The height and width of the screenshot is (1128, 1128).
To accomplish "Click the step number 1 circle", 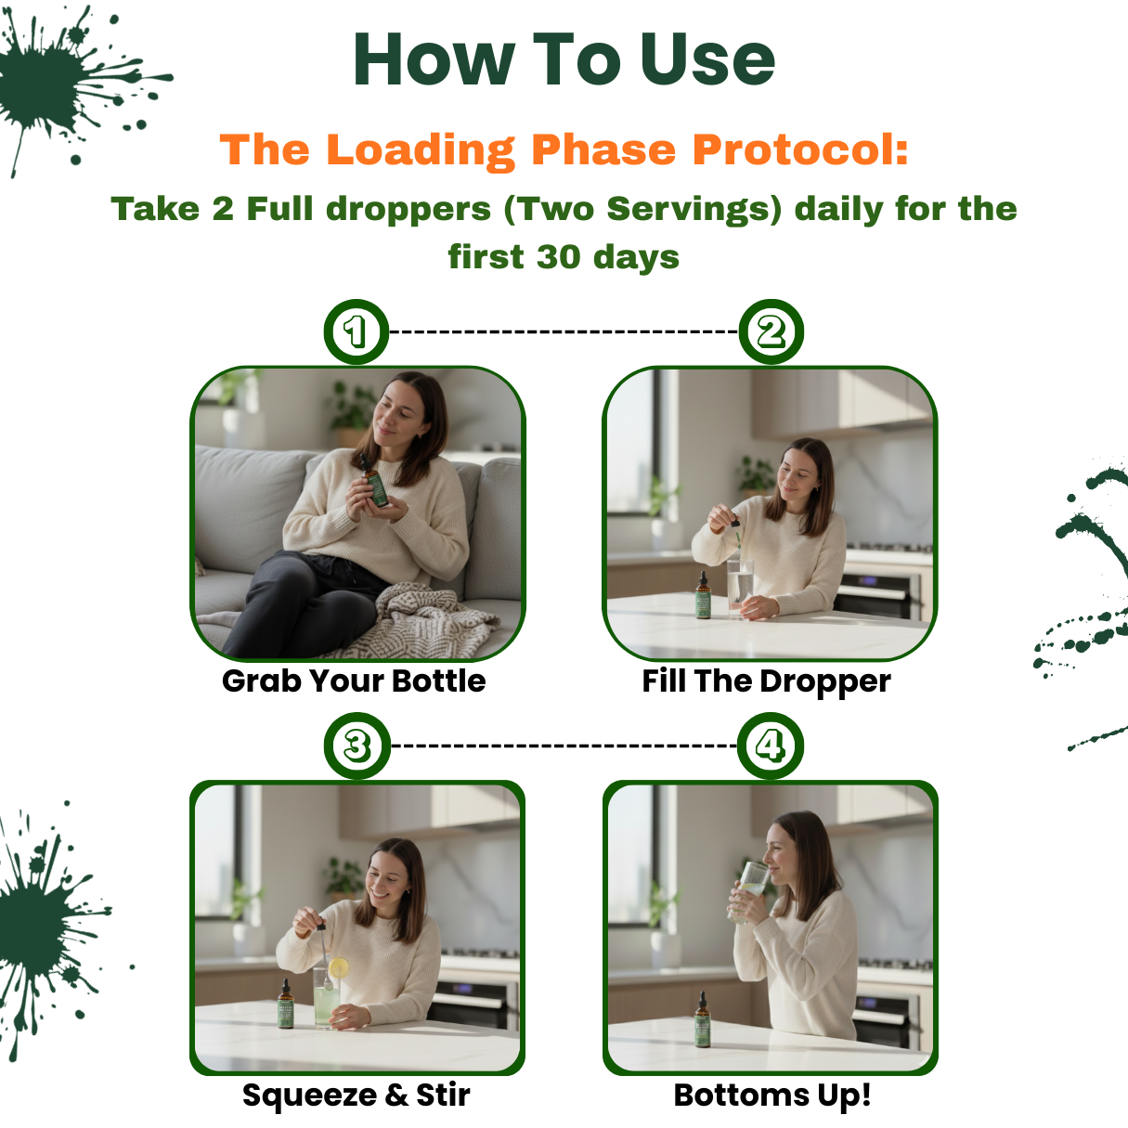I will click(356, 331).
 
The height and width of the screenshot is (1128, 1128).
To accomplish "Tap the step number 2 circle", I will click(771, 331).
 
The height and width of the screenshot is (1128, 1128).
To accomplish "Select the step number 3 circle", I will click(357, 746).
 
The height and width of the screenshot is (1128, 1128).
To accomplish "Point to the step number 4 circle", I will click(771, 746).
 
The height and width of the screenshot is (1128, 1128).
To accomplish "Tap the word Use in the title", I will click(707, 59).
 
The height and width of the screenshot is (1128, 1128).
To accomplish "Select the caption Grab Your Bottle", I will click(354, 681).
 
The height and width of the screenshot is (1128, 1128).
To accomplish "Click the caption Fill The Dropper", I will click(766, 681).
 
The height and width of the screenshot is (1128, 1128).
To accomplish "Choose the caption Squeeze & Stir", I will click(356, 1095).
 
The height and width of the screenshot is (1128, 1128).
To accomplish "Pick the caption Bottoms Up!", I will click(772, 1095).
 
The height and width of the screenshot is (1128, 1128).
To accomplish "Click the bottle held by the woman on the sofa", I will click(376, 486).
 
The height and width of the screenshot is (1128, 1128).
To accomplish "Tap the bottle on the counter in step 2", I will click(703, 597).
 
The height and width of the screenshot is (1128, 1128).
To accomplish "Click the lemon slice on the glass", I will click(339, 968).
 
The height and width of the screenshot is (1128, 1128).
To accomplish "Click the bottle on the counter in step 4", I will click(703, 1020).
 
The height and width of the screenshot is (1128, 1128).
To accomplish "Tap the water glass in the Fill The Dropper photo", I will click(739, 587).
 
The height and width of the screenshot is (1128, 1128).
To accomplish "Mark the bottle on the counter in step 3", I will click(287, 1006).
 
